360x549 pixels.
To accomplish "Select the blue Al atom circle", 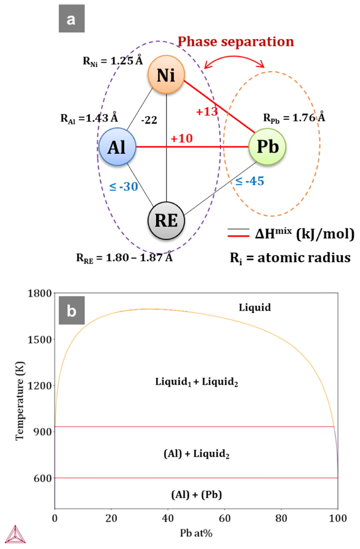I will pyautogui.click(x=117, y=146).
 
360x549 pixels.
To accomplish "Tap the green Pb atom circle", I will pyautogui.click(x=267, y=146).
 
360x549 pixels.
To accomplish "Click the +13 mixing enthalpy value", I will pyautogui.click(x=207, y=111).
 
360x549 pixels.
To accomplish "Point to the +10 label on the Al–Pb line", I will pyautogui.click(x=181, y=139).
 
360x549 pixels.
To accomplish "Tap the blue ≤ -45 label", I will pyautogui.click(x=249, y=182).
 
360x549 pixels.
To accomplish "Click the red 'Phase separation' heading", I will pyautogui.click(x=236, y=42).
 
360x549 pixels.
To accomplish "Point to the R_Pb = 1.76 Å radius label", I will pyautogui.click(x=294, y=117).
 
